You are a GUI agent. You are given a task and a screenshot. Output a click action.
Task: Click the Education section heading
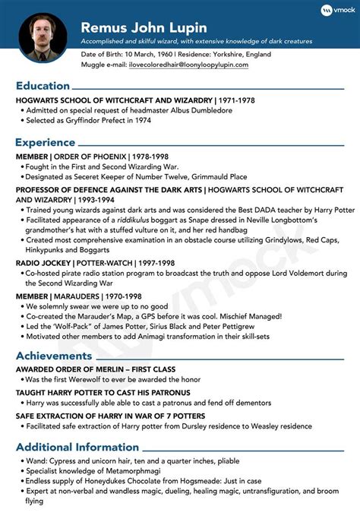[43, 86]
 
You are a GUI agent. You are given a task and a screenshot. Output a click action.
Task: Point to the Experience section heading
[45, 141]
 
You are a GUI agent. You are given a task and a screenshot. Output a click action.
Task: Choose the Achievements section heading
[55, 356]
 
